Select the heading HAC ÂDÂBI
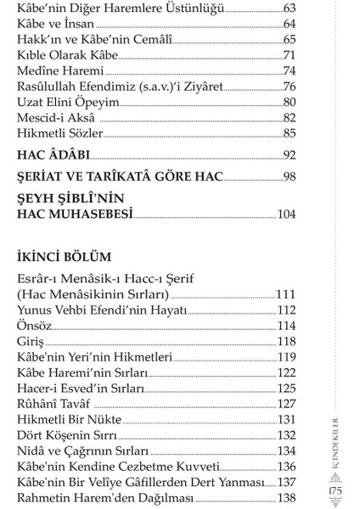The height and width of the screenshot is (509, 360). [x=53, y=155]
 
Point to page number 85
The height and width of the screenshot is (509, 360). [x=289, y=133]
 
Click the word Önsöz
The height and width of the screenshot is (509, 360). [x=34, y=326]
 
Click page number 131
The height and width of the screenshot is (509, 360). [x=286, y=419]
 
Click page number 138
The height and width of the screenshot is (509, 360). [x=286, y=497]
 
